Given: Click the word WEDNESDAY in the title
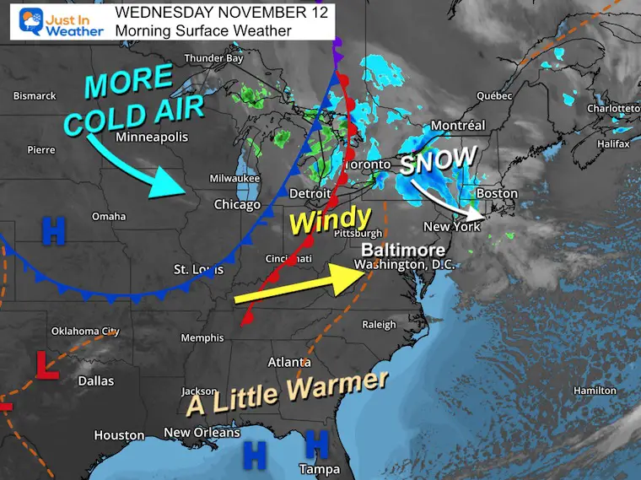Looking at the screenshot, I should click(157, 13).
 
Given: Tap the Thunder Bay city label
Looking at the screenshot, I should click(213, 59).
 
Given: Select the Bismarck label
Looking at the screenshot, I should click(35, 96).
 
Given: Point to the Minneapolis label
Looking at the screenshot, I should click(153, 137).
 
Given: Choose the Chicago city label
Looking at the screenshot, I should click(237, 204).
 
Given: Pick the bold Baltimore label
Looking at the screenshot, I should click(401, 251).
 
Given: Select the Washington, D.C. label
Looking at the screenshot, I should click(405, 265).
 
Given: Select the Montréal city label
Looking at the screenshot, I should click(458, 126).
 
